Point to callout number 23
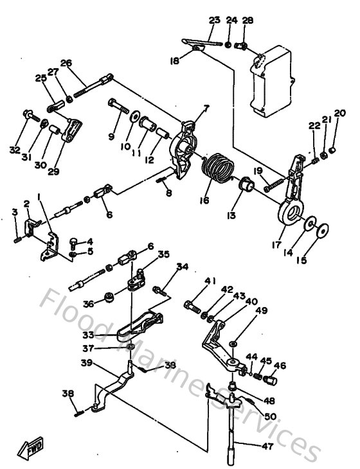coord(215,20)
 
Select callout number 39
coord(85,364)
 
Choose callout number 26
coord(66,63)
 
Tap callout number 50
coord(271,416)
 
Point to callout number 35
coord(164,254)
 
